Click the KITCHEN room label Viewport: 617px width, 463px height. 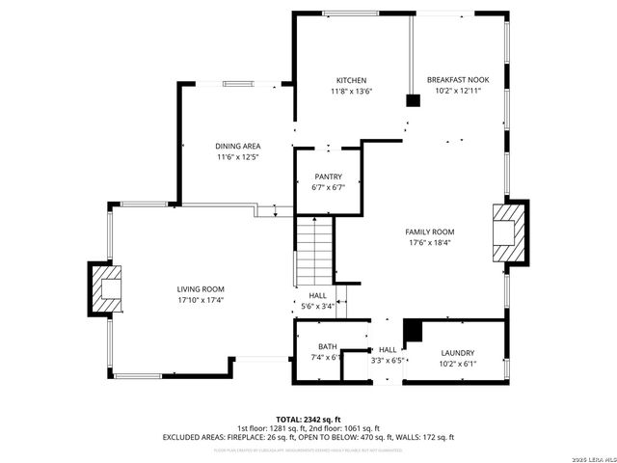pos(351,80)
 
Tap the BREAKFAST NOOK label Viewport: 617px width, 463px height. pos(457,80)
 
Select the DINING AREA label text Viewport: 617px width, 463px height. pos(237,146)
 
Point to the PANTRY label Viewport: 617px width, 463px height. pos(328,177)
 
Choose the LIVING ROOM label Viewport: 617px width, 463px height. pos(200,288)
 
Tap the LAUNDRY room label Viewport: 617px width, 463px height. pos(458,353)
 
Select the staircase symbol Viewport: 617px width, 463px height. pos(313,249)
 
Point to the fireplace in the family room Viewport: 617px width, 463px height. pos(510,231)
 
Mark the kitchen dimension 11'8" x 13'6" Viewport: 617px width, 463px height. pos(351,91)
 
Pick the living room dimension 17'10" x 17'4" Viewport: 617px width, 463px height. pos(200,300)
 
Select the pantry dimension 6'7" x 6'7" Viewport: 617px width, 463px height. pos(328,187)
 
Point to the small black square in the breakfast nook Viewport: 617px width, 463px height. pos(413,98)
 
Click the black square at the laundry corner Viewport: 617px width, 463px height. pos(413,331)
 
